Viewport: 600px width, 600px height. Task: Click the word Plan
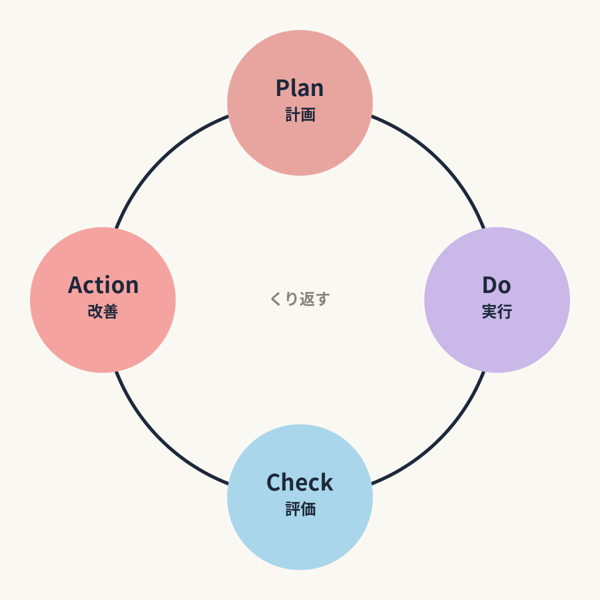[299, 88]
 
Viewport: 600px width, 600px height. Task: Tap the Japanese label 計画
[300, 114]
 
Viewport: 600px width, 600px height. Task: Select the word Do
[496, 285]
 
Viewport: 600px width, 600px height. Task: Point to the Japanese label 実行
[497, 311]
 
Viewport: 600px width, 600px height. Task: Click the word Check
[300, 482]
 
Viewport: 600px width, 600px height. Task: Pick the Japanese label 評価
[300, 509]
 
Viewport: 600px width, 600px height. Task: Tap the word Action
[103, 285]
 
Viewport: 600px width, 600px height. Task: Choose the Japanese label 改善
[103, 311]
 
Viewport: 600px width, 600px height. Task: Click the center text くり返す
[300, 299]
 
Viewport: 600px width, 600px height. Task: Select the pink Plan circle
[300, 103]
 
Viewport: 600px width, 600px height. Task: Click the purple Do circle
[497, 300]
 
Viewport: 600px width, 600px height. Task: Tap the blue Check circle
[300, 497]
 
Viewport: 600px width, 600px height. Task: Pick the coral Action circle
[103, 300]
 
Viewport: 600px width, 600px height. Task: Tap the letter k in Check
[325, 482]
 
